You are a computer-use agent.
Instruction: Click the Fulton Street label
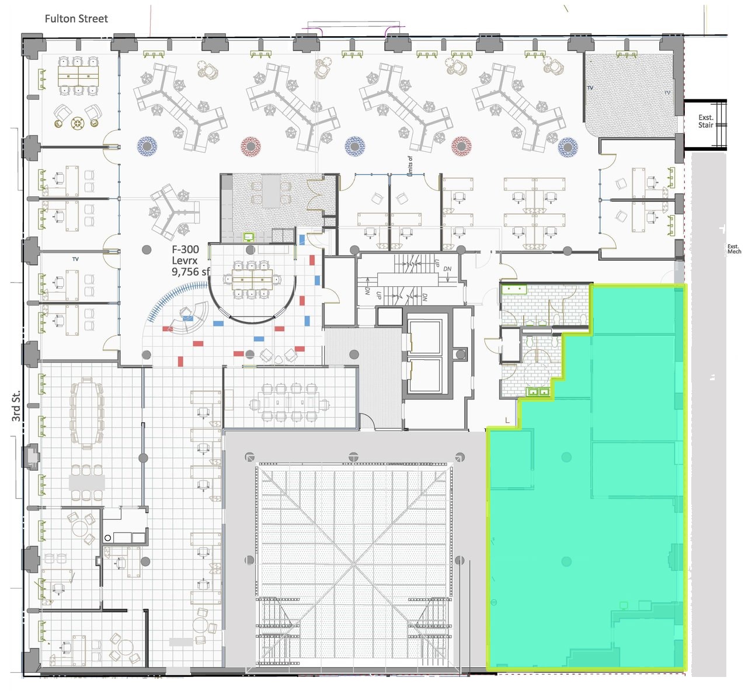(76, 19)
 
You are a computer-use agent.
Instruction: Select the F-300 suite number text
(185, 249)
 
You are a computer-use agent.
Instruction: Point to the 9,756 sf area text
(190, 272)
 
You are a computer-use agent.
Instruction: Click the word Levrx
(184, 261)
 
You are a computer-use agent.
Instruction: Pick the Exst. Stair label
(705, 121)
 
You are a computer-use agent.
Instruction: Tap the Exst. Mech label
(733, 249)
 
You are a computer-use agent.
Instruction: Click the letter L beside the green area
(507, 420)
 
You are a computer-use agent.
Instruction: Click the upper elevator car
(424, 338)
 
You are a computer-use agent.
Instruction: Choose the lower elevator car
(424, 374)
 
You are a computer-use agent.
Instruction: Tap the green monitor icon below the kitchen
(249, 237)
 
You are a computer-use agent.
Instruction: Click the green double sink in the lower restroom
(539, 392)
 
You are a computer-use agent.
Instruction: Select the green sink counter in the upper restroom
(514, 289)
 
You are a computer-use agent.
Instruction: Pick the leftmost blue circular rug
(147, 145)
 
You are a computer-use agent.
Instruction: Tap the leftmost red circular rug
(250, 145)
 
